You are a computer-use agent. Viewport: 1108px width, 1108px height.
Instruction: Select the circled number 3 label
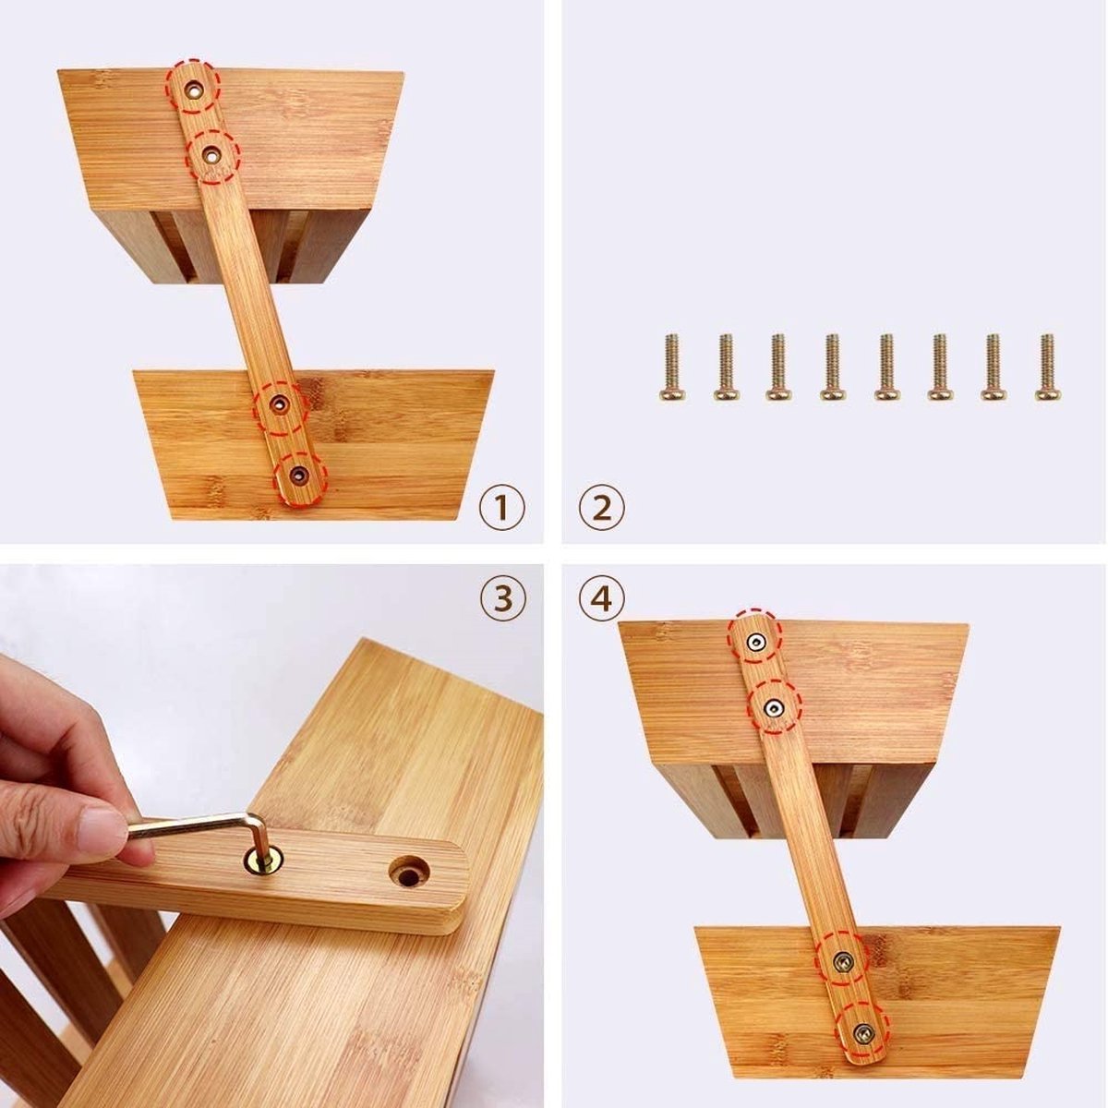pyautogui.click(x=502, y=599)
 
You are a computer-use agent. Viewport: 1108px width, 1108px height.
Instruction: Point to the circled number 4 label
pyautogui.click(x=602, y=599)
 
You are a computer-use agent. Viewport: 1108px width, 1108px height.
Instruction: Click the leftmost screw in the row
pyautogui.click(x=671, y=367)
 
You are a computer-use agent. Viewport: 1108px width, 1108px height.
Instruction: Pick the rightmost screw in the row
pyautogui.click(x=1046, y=367)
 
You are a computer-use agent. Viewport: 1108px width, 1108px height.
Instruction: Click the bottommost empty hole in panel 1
pyautogui.click(x=298, y=475)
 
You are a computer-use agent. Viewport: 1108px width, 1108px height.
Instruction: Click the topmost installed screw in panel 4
pyautogui.click(x=756, y=641)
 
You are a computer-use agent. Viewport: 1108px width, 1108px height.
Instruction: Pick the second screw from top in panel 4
pyautogui.click(x=773, y=707)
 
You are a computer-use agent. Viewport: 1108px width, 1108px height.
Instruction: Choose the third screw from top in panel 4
pyautogui.click(x=843, y=962)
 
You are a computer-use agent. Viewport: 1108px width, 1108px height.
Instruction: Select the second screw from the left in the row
pyautogui.click(x=725, y=367)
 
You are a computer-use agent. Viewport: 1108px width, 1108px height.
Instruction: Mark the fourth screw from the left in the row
pyautogui.click(x=832, y=367)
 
